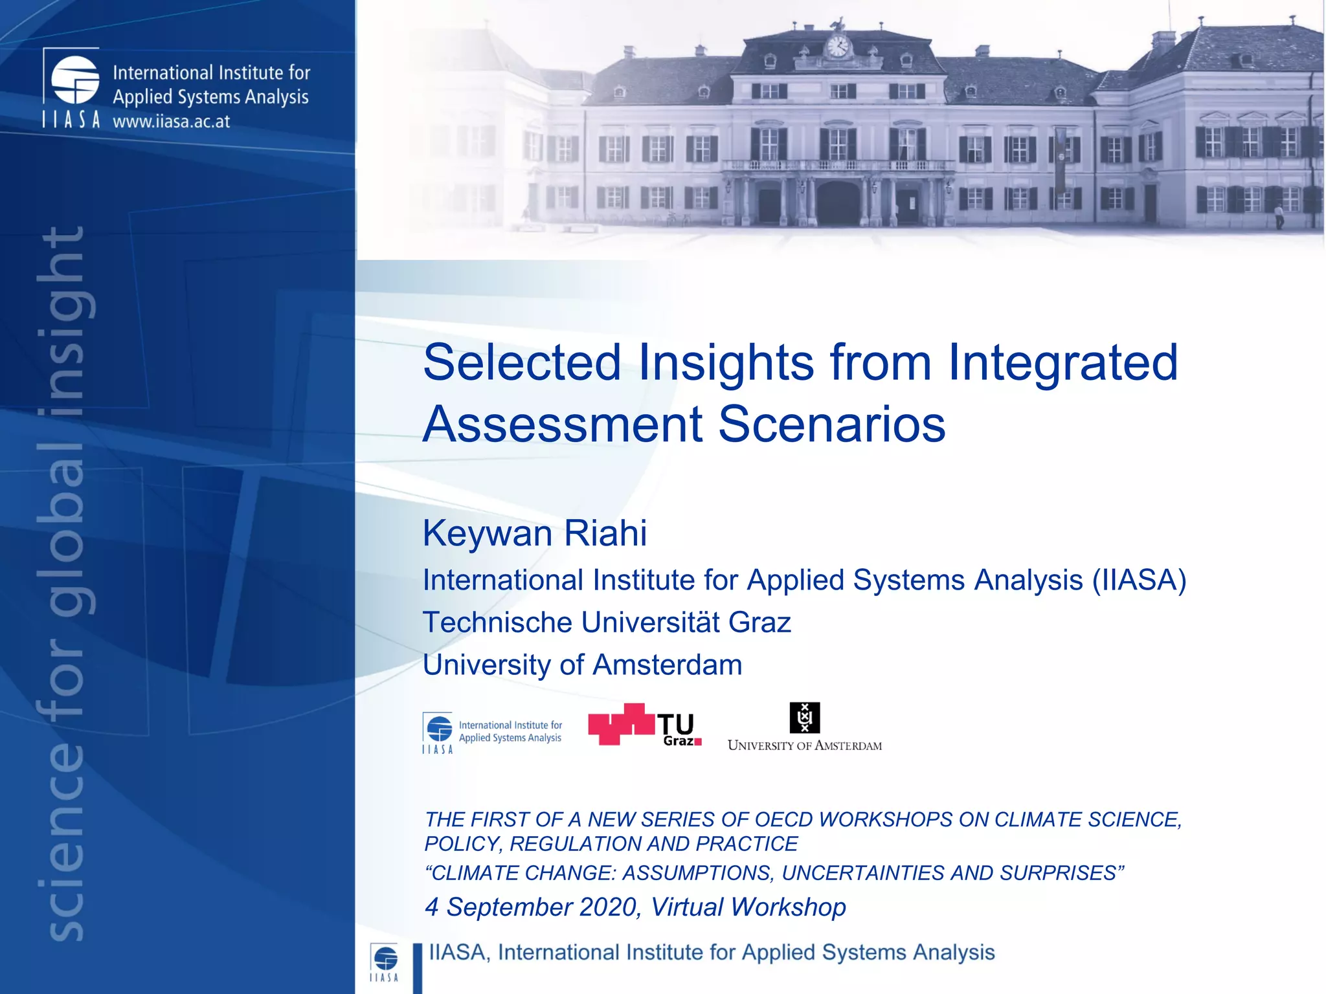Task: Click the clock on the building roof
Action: tap(838, 47)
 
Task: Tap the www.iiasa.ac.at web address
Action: tap(172, 122)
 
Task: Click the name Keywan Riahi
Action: tap(534, 533)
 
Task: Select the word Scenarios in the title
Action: tap(832, 425)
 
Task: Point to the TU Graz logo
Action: tap(645, 725)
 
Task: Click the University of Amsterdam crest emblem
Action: tap(805, 717)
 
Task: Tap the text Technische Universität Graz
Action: tap(607, 623)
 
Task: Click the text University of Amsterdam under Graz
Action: tap(582, 665)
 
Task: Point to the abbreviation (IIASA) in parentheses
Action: tap(1139, 580)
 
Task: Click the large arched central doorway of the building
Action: tap(838, 203)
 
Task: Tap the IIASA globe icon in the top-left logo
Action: tap(75, 80)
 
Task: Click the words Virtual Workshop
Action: tap(748, 907)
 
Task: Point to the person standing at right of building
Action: tap(1279, 217)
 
